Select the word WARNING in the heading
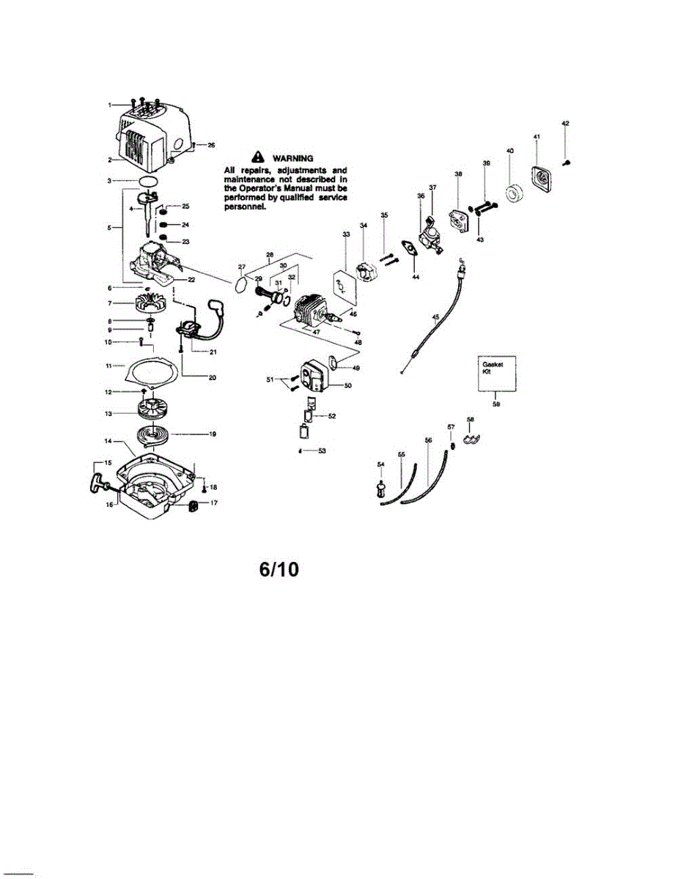pos(292,157)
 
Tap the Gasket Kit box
pos(496,374)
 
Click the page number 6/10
pos(279,569)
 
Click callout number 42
pos(565,123)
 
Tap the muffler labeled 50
pos(313,375)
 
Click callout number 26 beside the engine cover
pos(211,145)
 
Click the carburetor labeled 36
pos(428,236)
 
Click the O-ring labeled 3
pos(148,179)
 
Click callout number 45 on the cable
pos(435,317)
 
